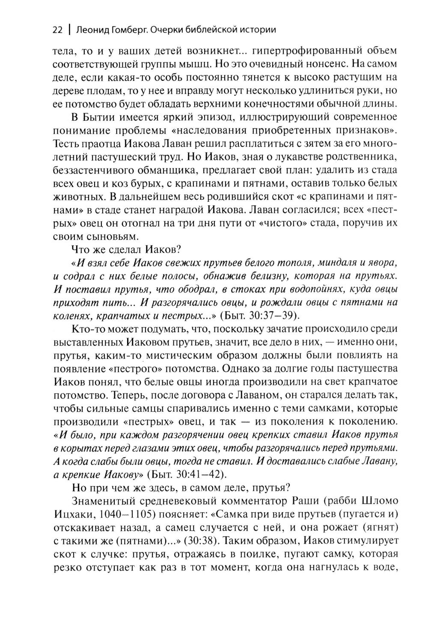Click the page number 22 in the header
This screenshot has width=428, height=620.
pyautogui.click(x=57, y=30)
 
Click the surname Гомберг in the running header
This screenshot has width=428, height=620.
pyautogui.click(x=128, y=30)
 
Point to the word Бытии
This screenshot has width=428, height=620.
pyautogui.click(x=100, y=117)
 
